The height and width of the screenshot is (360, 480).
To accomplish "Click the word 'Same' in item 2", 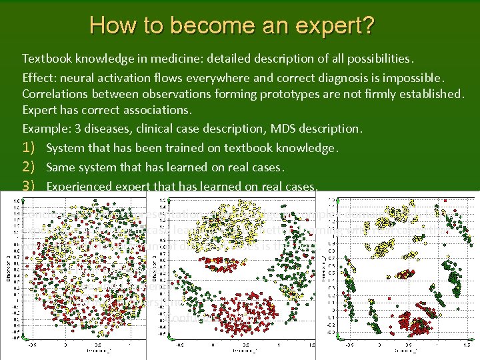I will click(x=60, y=167).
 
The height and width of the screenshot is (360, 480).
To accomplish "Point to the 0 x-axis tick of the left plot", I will click(x=65, y=345).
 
